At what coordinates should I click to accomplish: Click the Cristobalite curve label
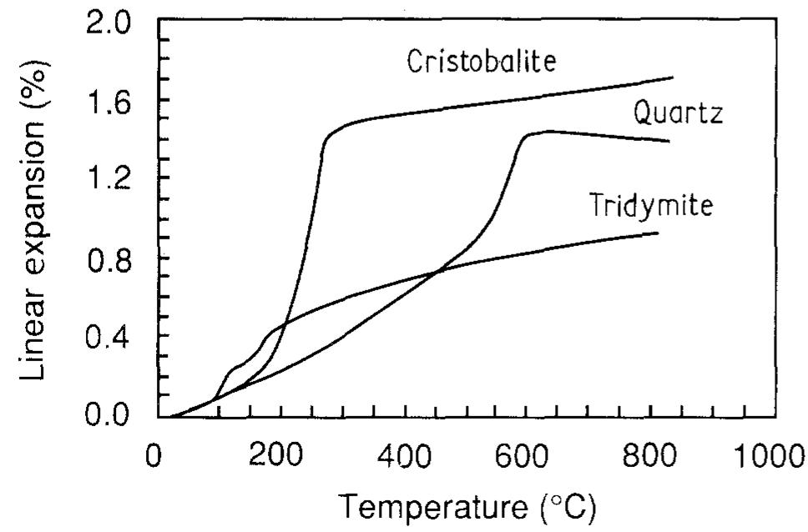(480, 62)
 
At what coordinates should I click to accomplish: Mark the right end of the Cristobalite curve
(673, 78)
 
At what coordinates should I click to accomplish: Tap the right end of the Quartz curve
(669, 141)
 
